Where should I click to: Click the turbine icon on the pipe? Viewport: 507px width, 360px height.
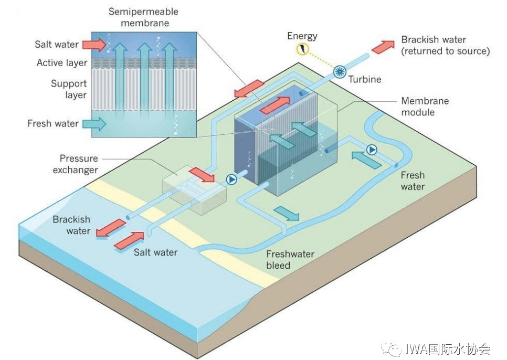pos(340,72)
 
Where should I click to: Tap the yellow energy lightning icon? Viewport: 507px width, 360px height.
pos(303,50)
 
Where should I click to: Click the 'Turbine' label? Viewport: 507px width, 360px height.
pos(365,79)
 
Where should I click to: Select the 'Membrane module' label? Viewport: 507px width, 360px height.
pos(425,107)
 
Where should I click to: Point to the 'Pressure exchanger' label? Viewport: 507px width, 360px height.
pos(78,164)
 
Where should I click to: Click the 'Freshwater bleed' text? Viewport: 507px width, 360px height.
pos(290,260)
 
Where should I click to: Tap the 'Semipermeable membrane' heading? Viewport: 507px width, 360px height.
pos(143,17)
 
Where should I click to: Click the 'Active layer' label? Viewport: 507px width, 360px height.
pos(62,63)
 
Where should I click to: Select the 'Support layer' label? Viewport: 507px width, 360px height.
pos(69,89)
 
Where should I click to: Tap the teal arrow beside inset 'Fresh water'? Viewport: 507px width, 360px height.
pos(94,124)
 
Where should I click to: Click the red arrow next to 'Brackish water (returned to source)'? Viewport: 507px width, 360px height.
pos(383,46)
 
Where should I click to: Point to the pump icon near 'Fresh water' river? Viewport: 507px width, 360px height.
pos(372,150)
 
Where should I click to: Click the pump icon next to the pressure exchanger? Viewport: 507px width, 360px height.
pos(231,179)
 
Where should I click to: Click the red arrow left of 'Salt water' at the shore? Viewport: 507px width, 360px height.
pos(129,240)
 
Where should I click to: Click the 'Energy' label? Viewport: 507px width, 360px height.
pos(302,36)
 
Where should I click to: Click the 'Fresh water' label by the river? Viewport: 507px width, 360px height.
pos(413,181)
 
